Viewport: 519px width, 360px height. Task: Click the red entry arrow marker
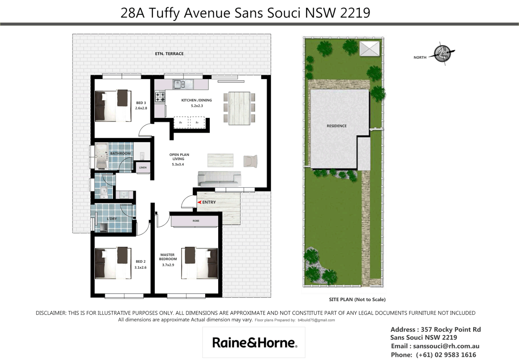(199, 202)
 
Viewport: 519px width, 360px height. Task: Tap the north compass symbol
(442, 54)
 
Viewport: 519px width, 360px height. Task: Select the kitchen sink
(183, 84)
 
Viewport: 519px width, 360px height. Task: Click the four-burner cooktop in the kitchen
(160, 97)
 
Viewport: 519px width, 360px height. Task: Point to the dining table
(239, 108)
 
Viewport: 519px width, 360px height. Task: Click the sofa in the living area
(219, 179)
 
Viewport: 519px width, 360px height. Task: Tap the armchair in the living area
(250, 161)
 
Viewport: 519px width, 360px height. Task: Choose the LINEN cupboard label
(143, 167)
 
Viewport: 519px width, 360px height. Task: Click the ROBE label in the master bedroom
(196, 221)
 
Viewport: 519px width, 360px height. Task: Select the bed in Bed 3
(112, 105)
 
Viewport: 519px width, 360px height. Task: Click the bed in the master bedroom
(200, 263)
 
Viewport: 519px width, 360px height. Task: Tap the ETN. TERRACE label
(169, 54)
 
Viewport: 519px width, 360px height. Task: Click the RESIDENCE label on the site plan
(336, 126)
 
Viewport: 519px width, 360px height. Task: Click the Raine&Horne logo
(254, 343)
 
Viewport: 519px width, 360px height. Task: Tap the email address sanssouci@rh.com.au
(446, 346)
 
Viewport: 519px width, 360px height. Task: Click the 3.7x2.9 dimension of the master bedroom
(168, 265)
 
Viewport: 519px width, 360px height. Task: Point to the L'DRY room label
(112, 219)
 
